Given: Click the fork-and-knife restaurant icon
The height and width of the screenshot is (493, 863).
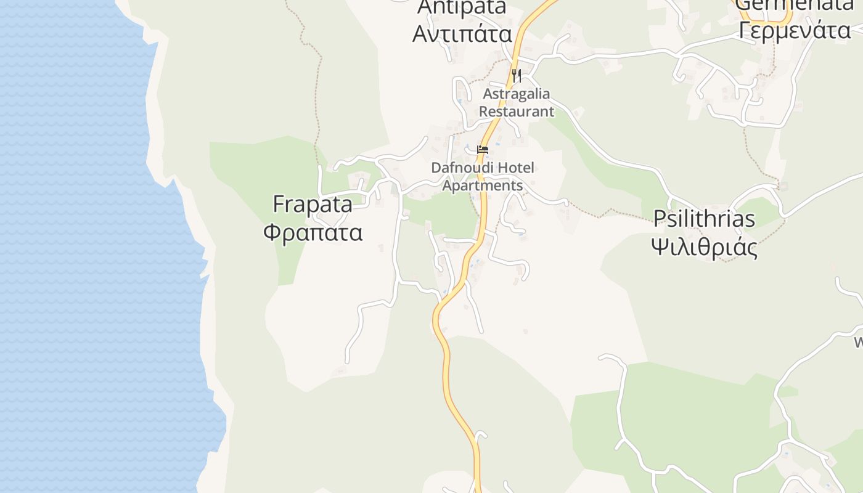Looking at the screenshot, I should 517,76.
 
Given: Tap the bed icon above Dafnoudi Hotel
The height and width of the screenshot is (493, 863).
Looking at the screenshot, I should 483,150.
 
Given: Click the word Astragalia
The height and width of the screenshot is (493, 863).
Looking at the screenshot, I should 517,94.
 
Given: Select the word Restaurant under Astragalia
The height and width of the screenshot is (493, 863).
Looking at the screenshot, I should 517,112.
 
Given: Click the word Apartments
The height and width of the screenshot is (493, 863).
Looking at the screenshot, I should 483,185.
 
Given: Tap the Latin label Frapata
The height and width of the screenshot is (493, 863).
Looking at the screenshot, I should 313,204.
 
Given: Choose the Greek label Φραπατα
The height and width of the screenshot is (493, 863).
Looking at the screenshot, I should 313,232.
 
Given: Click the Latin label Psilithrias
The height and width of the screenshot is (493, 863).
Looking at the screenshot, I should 704,218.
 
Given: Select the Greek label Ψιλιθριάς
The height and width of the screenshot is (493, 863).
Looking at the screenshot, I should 704,247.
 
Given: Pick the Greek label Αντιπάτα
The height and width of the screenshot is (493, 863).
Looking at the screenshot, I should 462,33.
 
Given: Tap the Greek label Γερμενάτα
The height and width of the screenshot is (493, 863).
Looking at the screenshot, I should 795,29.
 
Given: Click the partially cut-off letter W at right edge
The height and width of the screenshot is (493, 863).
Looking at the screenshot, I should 858,342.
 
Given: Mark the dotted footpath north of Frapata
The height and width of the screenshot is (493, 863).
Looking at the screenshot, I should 319,92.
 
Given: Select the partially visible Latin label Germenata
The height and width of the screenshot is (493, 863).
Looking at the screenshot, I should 795,5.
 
